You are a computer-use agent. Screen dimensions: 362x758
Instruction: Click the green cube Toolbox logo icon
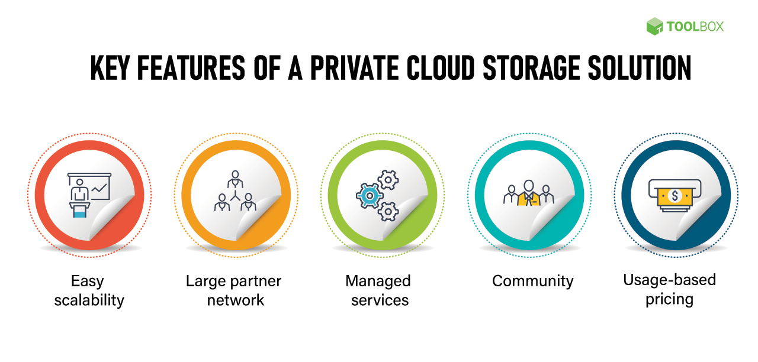654,26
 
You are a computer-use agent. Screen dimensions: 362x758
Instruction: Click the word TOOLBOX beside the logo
695,27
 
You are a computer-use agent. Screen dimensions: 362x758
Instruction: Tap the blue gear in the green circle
370,195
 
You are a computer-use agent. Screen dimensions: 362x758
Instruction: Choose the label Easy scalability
89,290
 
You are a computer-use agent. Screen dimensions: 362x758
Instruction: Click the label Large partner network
234,290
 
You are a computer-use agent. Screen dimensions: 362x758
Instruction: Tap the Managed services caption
379,290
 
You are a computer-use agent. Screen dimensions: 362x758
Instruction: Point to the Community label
532,281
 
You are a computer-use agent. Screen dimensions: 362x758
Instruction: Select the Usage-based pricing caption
669,289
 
